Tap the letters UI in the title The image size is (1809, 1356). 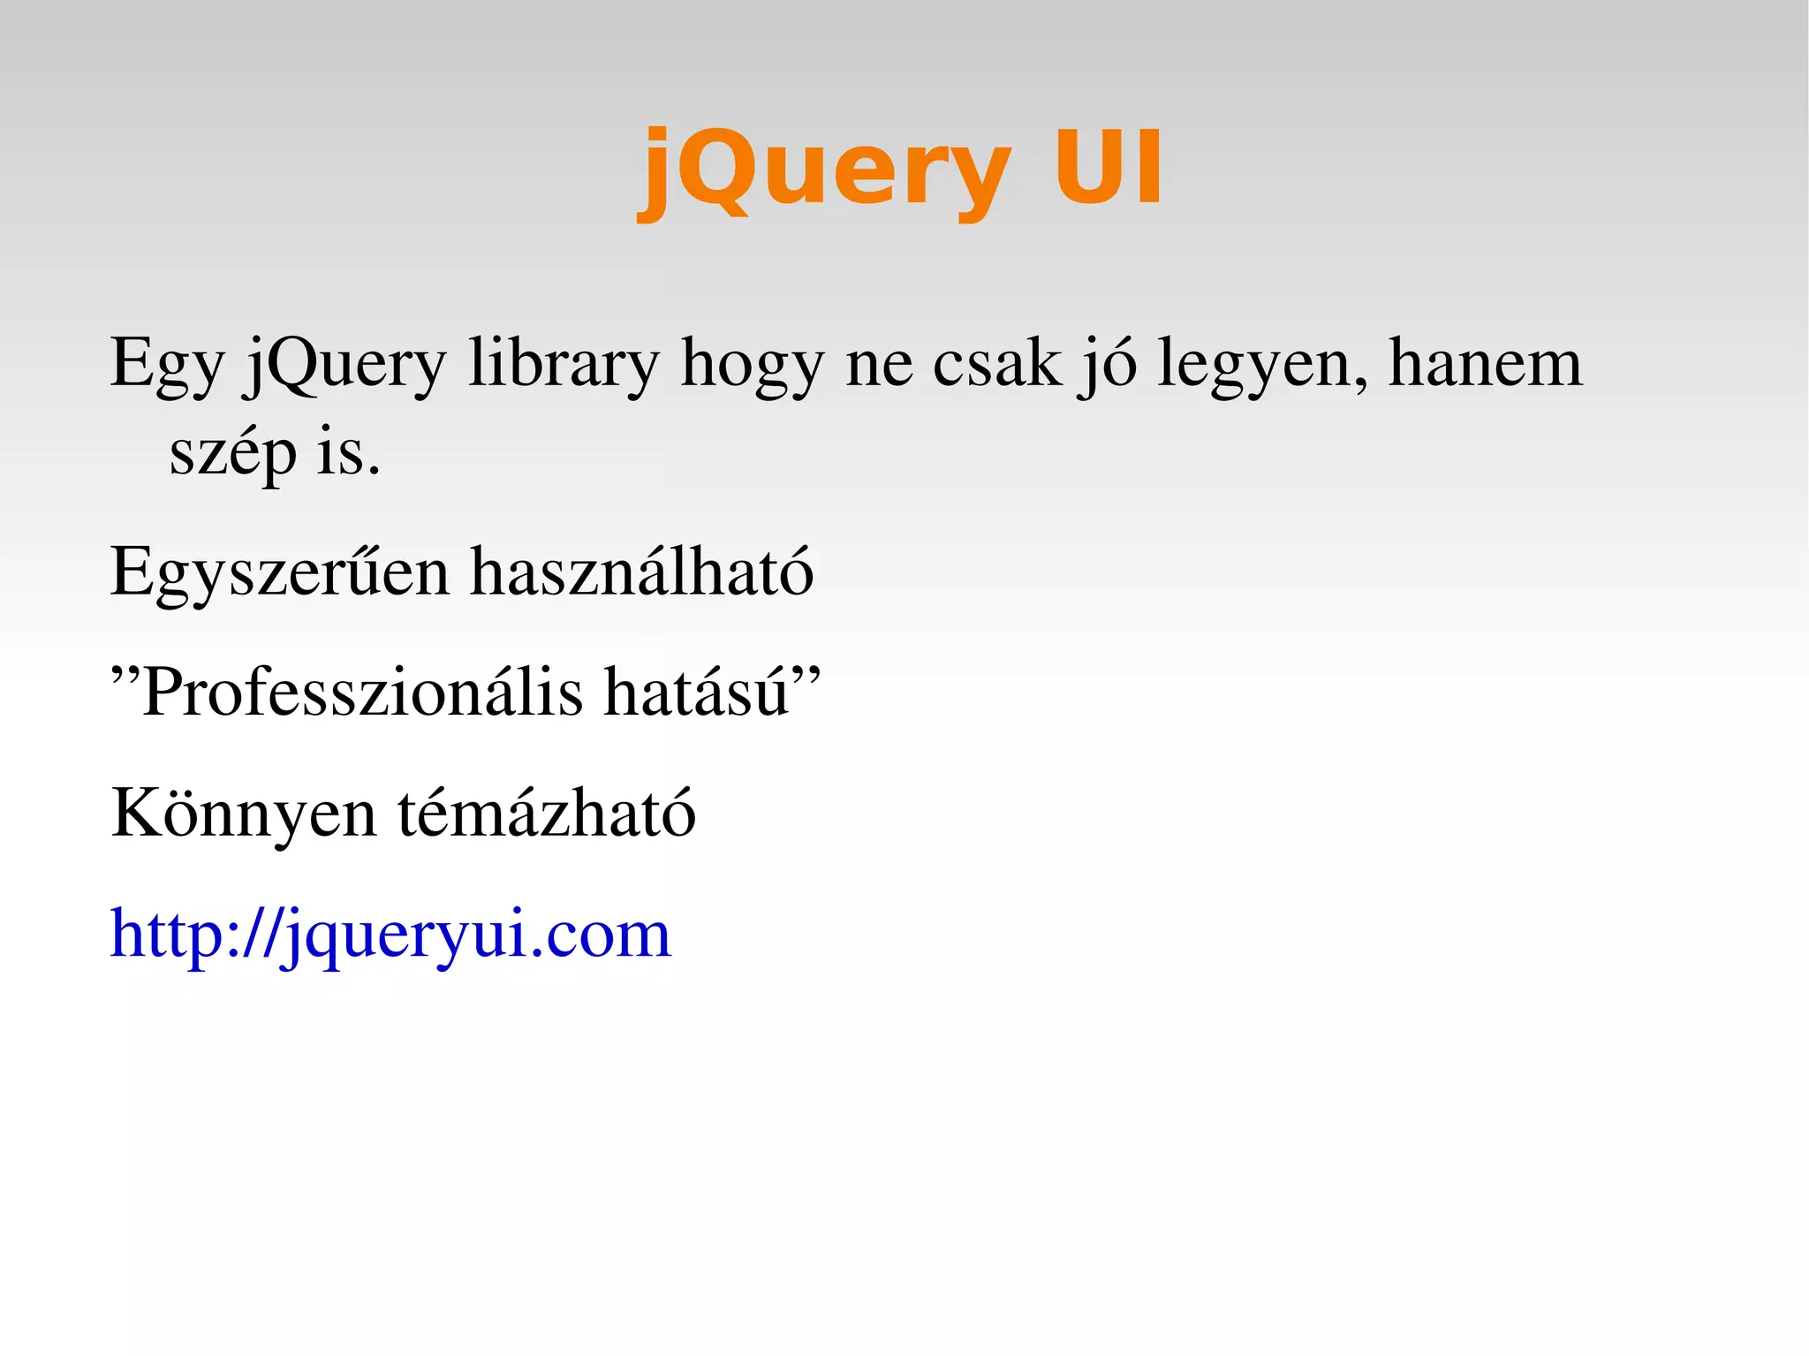1109,168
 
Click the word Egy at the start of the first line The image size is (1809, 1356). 168,364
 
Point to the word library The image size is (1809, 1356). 564,364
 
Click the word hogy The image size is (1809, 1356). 752,364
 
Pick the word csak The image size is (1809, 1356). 996,364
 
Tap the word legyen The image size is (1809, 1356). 1263,364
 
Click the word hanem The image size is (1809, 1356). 1486,364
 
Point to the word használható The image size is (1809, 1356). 642,572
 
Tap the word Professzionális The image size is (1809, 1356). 362,693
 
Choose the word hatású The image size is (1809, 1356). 698,693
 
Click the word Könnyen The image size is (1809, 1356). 244,813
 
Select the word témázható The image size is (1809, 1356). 547,813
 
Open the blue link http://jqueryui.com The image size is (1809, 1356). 390,935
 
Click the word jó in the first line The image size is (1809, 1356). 1108,364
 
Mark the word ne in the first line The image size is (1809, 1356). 879,364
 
